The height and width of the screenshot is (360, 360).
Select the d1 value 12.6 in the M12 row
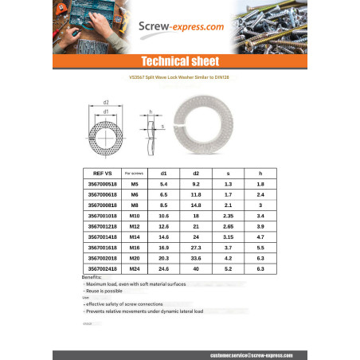tap(163, 226)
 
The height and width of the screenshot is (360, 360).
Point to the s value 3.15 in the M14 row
tap(228, 237)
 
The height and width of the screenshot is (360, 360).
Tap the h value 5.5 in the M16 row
tap(260, 248)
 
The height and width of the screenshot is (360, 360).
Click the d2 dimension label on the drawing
tap(106, 102)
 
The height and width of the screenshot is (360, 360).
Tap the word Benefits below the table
tap(92, 276)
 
